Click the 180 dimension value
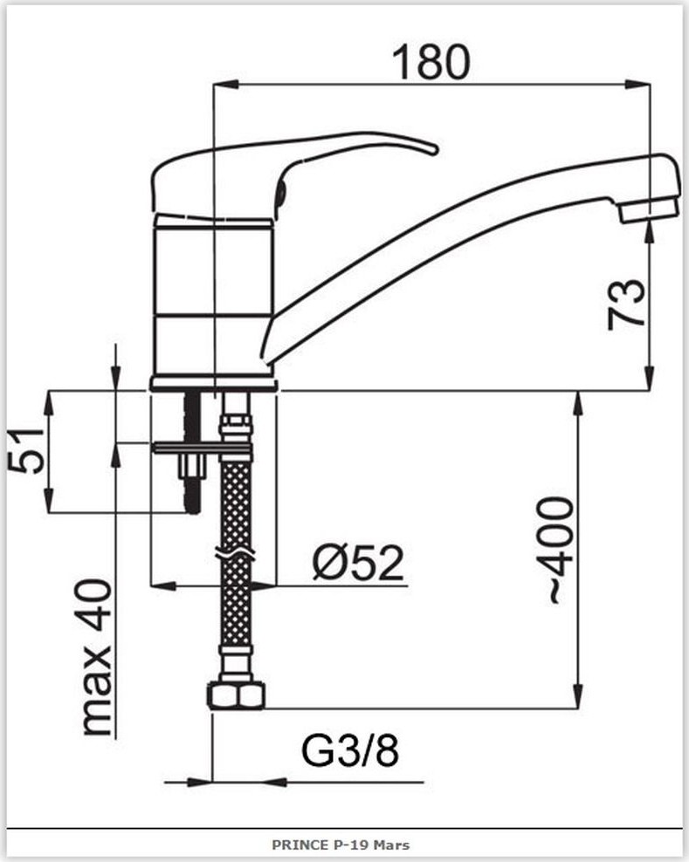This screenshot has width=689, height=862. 431,62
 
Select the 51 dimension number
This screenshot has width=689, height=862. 26,451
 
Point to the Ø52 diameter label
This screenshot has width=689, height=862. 358,562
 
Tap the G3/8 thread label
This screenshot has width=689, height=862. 350,751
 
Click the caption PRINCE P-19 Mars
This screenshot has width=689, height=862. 341,845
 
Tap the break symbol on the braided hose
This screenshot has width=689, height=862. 236,555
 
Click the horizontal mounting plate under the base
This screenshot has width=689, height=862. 203,448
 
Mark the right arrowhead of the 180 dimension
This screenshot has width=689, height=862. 637,84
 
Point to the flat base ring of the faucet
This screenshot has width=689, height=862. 214,384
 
